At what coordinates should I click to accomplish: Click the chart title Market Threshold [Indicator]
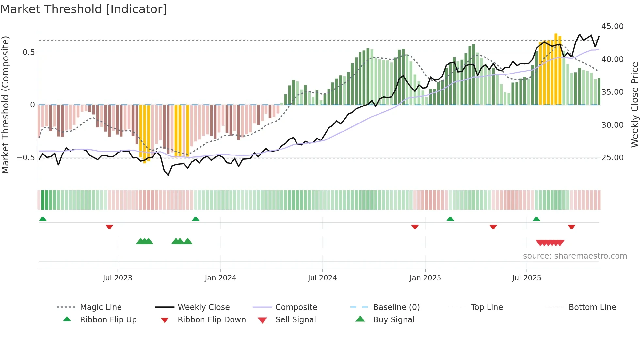[x=84, y=9]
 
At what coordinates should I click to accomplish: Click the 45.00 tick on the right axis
[x=612, y=26]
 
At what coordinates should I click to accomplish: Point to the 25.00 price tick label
[x=612, y=158]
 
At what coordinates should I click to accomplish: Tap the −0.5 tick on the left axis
[x=25, y=158]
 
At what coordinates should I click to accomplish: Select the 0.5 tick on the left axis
[x=28, y=52]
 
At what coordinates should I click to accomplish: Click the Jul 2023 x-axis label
[x=118, y=278]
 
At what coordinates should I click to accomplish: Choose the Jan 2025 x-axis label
[x=425, y=278]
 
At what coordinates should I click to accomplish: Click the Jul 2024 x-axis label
[x=322, y=278]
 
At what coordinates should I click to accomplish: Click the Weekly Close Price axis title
[x=634, y=105]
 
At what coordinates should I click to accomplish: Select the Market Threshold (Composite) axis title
[x=5, y=105]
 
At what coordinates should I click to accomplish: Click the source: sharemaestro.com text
[x=575, y=256]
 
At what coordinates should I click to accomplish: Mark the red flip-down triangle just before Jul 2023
[x=109, y=227]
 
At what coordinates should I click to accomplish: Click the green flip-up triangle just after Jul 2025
[x=536, y=219]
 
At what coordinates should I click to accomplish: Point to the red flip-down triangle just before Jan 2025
[x=415, y=227]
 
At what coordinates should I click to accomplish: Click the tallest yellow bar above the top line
[x=556, y=69]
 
